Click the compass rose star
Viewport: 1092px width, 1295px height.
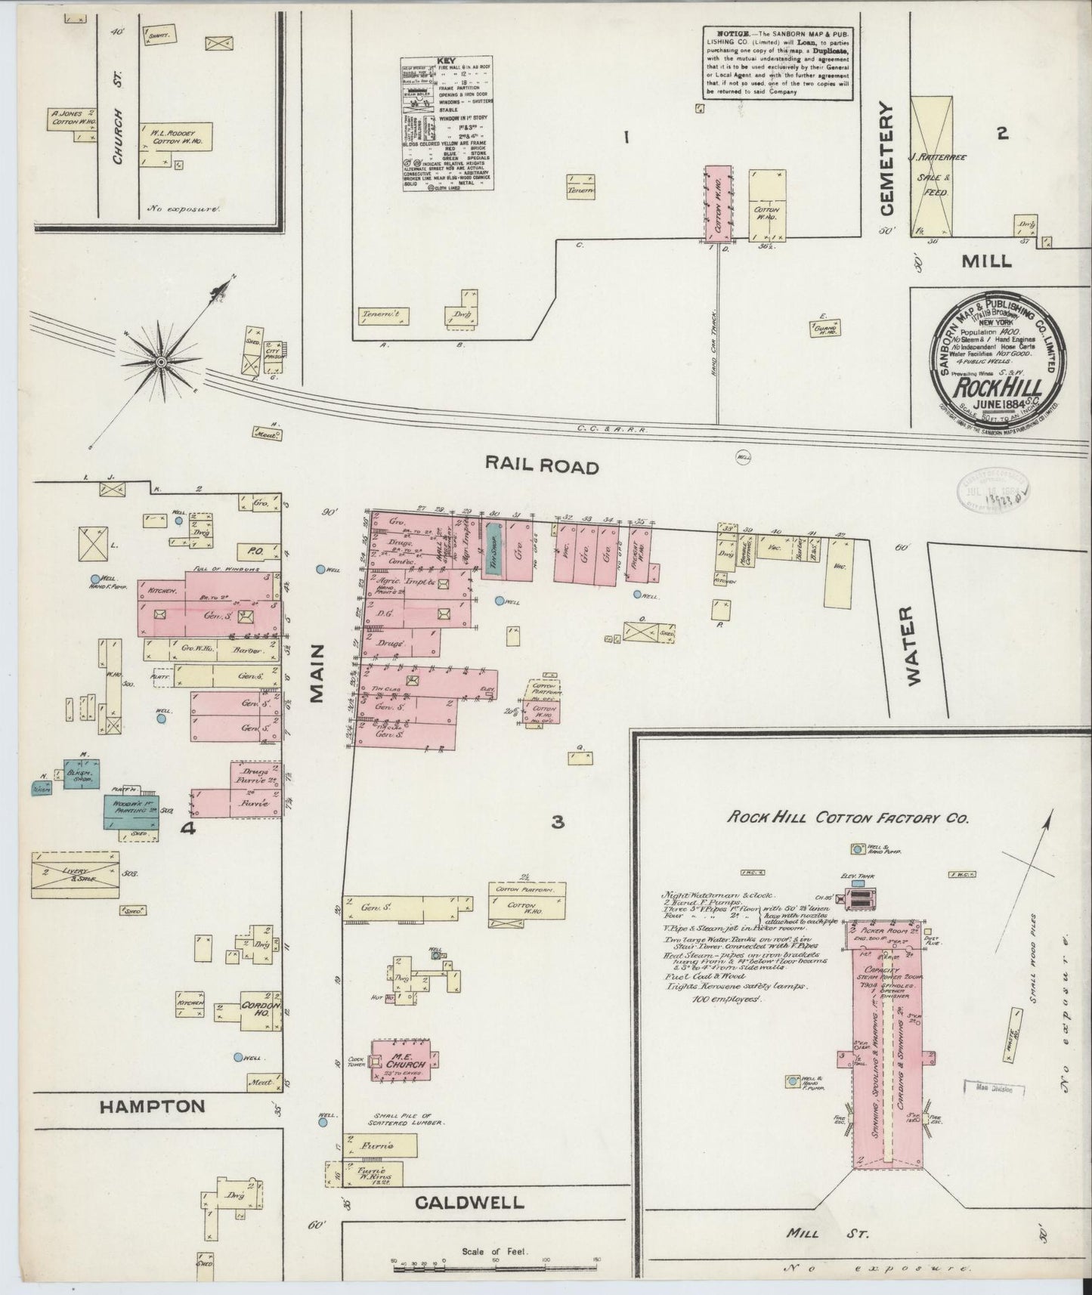tap(160, 363)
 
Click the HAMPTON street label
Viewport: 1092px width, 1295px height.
tap(153, 1106)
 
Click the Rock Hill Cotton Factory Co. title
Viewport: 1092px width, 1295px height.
tap(847, 817)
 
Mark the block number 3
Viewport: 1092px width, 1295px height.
tap(558, 822)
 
